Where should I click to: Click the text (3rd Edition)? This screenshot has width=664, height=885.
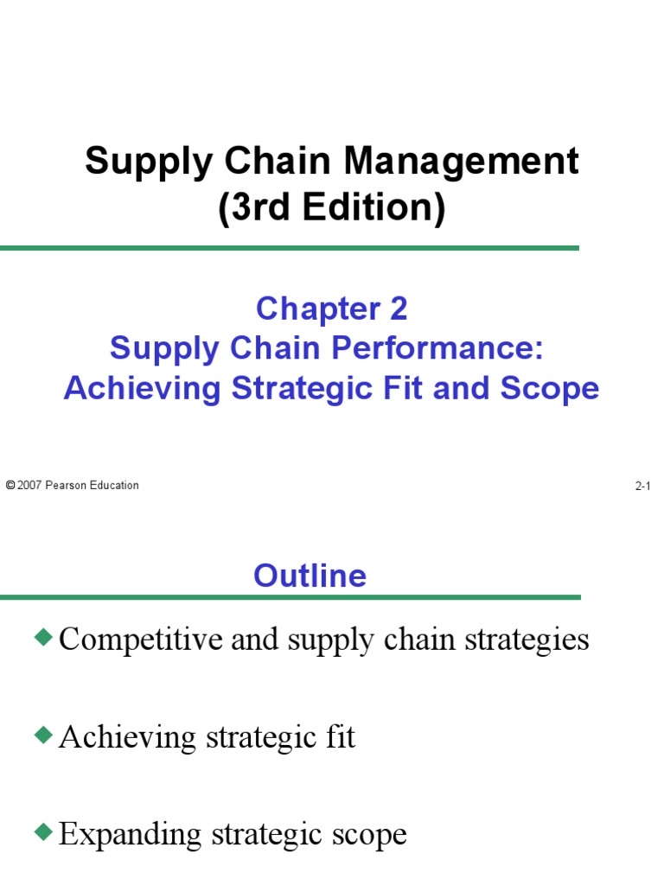332,209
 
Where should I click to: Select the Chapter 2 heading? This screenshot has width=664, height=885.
332,309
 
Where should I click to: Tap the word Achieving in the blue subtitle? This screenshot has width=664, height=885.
143,388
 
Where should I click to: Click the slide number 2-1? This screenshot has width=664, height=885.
642,487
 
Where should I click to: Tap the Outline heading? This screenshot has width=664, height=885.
310,576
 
